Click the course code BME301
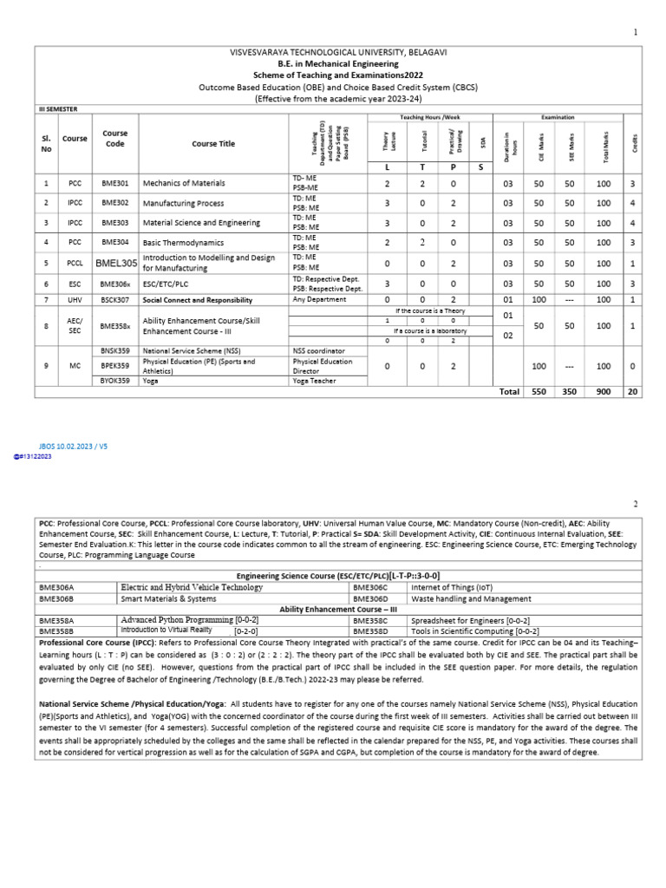pos(114,184)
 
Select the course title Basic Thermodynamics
pos(183,244)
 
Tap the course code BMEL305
pos(116,263)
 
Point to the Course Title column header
pos(212,144)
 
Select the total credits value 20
pos(633,392)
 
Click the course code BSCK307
pos(115,300)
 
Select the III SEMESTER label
pos(60,110)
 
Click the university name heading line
pos(338,53)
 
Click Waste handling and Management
pos(471,598)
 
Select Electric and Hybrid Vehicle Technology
pos(192,587)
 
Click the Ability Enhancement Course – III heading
pos(337,610)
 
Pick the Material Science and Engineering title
pos(201,224)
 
